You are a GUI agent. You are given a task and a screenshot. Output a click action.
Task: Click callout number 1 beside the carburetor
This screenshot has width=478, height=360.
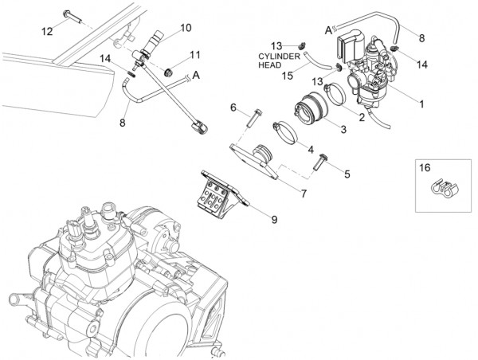(x=422, y=104)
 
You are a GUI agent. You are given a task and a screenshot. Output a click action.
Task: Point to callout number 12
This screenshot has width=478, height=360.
(x=47, y=31)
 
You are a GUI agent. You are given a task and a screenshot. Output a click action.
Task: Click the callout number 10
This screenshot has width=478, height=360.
(x=186, y=28)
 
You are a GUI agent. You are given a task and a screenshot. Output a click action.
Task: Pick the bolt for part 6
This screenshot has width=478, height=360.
(x=250, y=118)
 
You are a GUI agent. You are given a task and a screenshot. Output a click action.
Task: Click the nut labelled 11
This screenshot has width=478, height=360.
(x=169, y=74)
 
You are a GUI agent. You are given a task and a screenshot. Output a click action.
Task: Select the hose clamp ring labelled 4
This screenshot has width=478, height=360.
(x=288, y=129)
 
